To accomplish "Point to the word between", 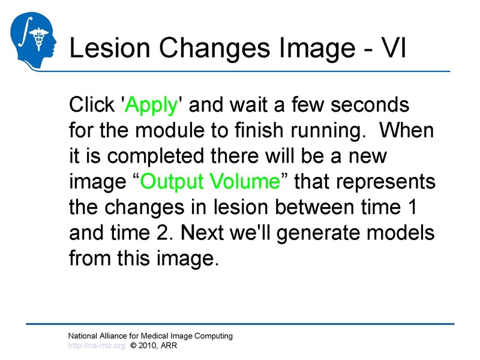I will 305,206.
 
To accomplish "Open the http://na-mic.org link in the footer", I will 97,346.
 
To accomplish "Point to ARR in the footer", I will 169,346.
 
